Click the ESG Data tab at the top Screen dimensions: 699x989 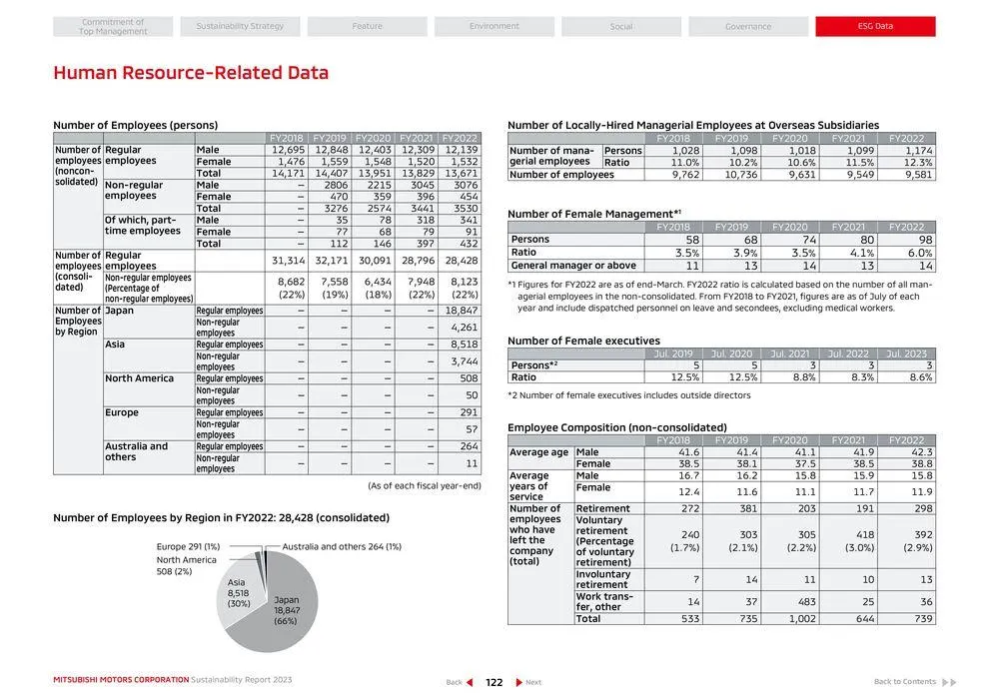coord(875,27)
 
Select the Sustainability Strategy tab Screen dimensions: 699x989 coord(240,27)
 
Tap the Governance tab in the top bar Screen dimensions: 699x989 coord(748,27)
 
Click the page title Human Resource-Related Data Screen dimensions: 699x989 coord(190,73)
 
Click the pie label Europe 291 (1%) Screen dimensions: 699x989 coord(188,546)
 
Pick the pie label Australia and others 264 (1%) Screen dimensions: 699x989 coord(342,546)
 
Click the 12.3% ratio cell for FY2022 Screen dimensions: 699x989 coord(906,162)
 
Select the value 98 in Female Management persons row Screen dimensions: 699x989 coord(906,240)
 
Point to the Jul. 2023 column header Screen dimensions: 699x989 coord(906,354)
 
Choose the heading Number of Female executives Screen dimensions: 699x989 coord(569,342)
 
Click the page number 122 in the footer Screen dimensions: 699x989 coord(494,682)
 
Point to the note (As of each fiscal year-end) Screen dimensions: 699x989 coord(424,485)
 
